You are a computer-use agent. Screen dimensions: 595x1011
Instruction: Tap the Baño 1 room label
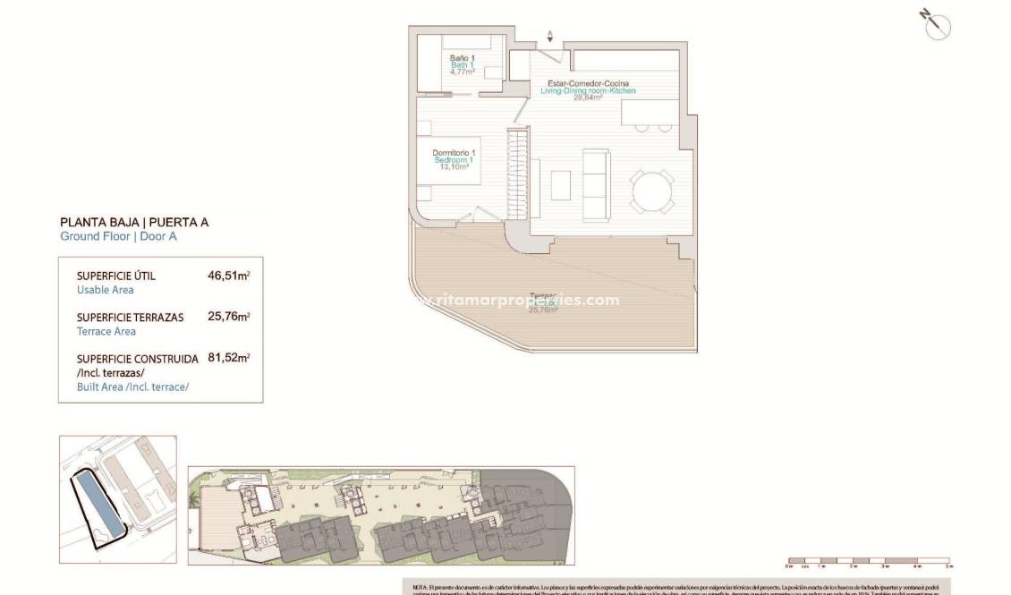(x=462, y=58)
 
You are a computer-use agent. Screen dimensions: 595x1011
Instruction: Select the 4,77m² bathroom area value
(x=462, y=72)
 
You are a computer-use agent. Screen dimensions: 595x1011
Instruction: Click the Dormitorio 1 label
(x=454, y=153)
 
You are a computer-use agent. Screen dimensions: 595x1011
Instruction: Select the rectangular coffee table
(x=561, y=185)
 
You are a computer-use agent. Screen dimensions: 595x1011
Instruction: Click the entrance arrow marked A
(x=550, y=37)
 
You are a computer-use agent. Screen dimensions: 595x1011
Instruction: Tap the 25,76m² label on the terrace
(x=543, y=310)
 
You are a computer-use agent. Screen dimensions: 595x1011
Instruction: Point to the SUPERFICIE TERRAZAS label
(x=130, y=318)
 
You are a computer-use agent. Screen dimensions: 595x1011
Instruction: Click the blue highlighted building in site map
(x=97, y=505)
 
